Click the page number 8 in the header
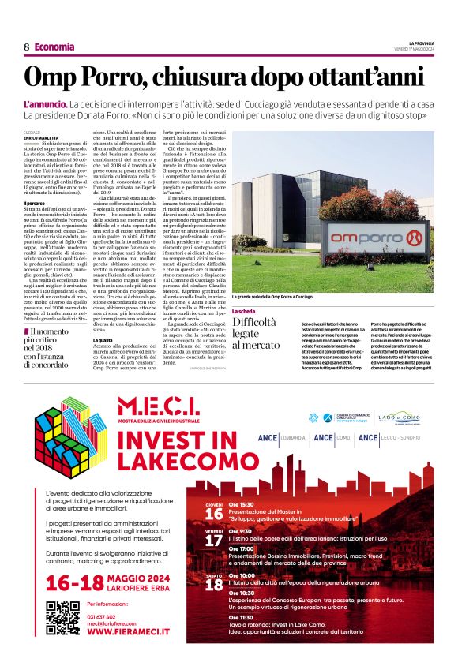[27, 47]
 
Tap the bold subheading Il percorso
[35, 203]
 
